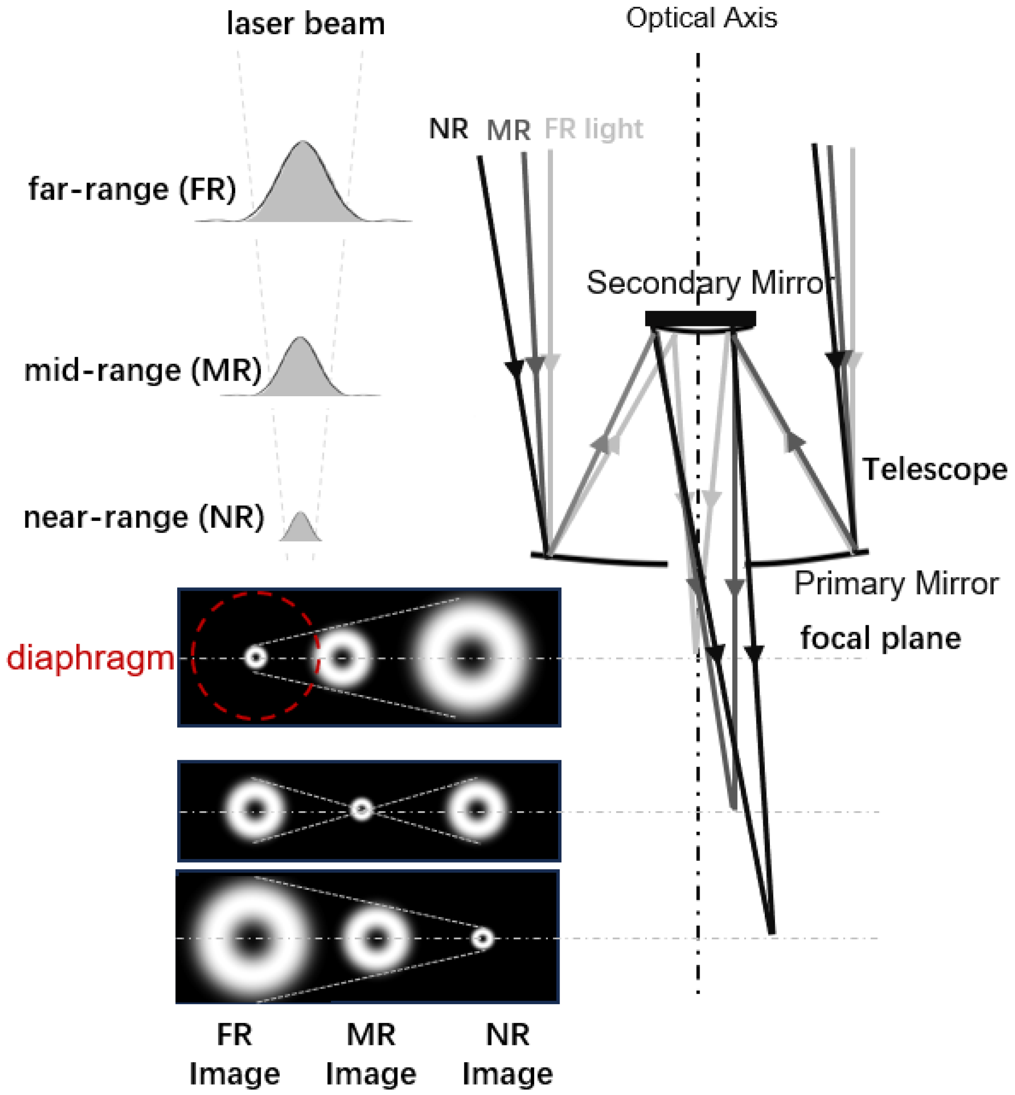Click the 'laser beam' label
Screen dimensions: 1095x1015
tap(306, 24)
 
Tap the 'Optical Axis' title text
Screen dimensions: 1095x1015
tap(702, 18)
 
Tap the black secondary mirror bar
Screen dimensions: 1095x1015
tap(700, 318)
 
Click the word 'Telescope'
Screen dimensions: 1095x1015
tap(934, 470)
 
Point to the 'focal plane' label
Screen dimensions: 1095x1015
tap(880, 638)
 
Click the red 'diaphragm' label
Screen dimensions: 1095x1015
tap(90, 658)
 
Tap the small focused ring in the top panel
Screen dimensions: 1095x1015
tap(255, 657)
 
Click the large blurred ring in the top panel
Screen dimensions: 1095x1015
tap(471, 654)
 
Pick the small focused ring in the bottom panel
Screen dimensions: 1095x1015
tap(483, 938)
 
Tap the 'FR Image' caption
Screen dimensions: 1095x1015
tap(234, 1054)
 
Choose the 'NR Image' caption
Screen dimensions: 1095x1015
tap(507, 1054)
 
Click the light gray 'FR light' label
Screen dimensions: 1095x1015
tap(593, 130)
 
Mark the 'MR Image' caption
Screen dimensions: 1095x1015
tap(371, 1054)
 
